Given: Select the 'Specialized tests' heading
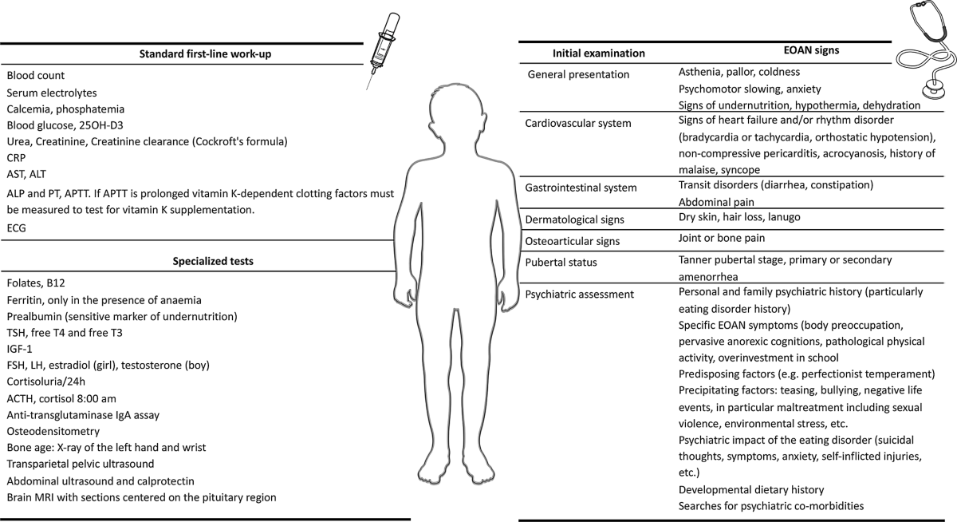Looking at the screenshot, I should [x=198, y=260].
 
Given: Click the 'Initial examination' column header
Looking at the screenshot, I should [x=598, y=53].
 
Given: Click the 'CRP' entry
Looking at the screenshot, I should [x=17, y=157].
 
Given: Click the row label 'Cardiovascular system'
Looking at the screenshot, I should [x=577, y=123].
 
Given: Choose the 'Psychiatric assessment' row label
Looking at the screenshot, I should [x=580, y=294].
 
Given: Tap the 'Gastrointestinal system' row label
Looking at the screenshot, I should [x=581, y=188].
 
